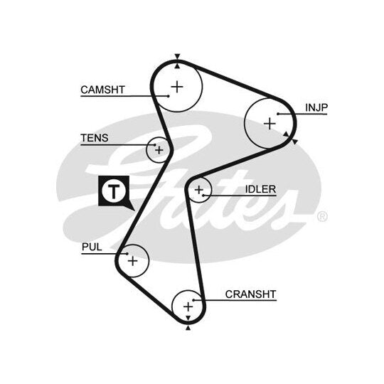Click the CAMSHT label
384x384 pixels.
pyautogui.click(x=103, y=90)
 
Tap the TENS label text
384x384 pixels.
pyautogui.click(x=95, y=138)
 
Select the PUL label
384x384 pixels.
pyautogui.click(x=92, y=247)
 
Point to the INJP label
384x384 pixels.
pyautogui.click(x=316, y=107)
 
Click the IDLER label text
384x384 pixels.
pyautogui.click(x=260, y=189)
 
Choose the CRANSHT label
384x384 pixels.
pyautogui.click(x=250, y=294)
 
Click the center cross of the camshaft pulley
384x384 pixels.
pyautogui.click(x=177, y=87)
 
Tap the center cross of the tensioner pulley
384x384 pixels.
pyautogui.click(x=159, y=150)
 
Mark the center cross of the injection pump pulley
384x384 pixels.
pyautogui.click(x=270, y=124)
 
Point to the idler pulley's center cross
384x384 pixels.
pyautogui.click(x=199, y=190)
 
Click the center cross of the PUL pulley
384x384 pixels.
pyautogui.click(x=133, y=261)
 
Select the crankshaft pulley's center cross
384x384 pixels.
pyautogui.click(x=188, y=306)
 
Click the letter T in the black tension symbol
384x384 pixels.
pyautogui.click(x=114, y=191)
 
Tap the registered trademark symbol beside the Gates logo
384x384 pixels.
pyautogui.click(x=322, y=216)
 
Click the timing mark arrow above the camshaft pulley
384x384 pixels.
pyautogui.click(x=178, y=56)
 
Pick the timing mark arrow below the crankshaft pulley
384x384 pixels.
pyautogui.click(x=188, y=327)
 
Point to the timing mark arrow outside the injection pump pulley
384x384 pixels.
pyautogui.click(x=295, y=142)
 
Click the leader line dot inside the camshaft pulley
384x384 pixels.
pyautogui.click(x=169, y=96)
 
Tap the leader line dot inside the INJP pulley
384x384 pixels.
pyautogui.click(x=278, y=114)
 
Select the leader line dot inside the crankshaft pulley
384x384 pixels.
pyautogui.click(x=193, y=300)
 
